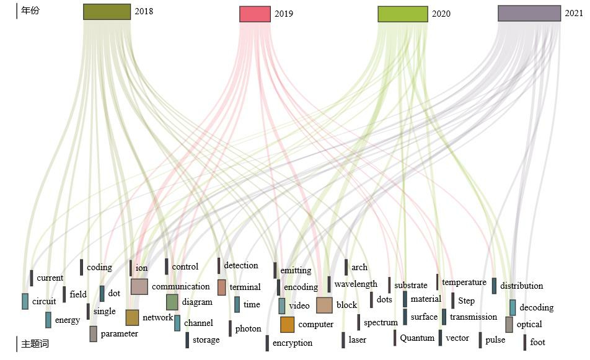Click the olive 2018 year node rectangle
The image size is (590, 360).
tap(107, 12)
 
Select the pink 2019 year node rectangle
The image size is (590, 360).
tap(255, 14)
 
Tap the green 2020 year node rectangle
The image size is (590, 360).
tap(402, 14)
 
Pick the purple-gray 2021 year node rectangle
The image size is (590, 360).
tap(529, 13)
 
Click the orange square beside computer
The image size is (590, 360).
tap(287, 324)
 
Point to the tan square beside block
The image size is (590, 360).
tap(324, 305)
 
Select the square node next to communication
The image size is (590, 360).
tap(139, 286)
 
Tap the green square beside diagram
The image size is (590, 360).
tap(172, 302)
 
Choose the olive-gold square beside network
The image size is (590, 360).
tap(132, 317)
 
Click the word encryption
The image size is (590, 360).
tap(293, 343)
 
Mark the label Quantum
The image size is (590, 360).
tap(417, 338)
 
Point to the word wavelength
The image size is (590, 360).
tap(356, 284)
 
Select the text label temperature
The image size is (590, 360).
tap(464, 282)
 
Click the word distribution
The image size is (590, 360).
tap(521, 286)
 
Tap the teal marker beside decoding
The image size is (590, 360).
tap(513, 307)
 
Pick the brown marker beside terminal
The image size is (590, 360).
tap(221, 288)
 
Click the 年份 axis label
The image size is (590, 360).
tap(30, 11)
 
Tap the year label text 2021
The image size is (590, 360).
tap(573, 13)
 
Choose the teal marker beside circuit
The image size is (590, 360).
tap(25, 301)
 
